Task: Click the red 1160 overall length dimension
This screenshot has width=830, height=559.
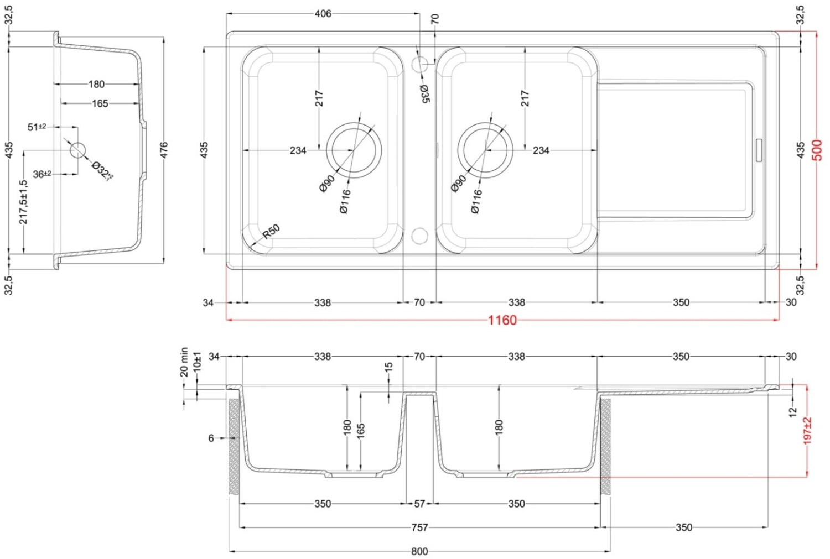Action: (x=502, y=320)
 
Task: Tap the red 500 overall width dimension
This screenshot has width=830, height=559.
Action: (x=817, y=150)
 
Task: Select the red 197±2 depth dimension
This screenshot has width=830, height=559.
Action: (x=807, y=431)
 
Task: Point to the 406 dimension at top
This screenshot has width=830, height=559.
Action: (x=323, y=14)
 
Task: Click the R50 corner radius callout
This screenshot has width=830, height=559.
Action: (x=271, y=231)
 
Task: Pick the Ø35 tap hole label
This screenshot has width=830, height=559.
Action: (x=425, y=94)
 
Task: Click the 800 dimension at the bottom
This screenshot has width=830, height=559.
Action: (x=419, y=551)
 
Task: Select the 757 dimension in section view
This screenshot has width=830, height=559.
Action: (x=419, y=527)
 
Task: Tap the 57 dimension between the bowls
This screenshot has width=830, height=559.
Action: (x=419, y=504)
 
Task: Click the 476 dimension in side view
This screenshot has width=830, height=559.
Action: (x=164, y=150)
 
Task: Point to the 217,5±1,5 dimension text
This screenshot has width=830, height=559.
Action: (x=23, y=202)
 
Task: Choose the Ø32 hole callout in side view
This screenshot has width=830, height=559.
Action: (x=102, y=170)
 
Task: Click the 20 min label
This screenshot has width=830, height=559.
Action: (x=184, y=362)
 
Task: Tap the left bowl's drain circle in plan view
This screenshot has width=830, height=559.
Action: (x=354, y=150)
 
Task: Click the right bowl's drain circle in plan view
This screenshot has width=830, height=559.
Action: (x=485, y=150)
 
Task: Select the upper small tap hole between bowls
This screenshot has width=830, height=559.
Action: (x=420, y=64)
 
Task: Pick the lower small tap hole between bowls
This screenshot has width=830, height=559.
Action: (x=420, y=236)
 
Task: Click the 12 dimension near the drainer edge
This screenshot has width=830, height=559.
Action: (x=792, y=411)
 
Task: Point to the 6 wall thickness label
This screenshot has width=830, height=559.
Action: (x=211, y=438)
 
